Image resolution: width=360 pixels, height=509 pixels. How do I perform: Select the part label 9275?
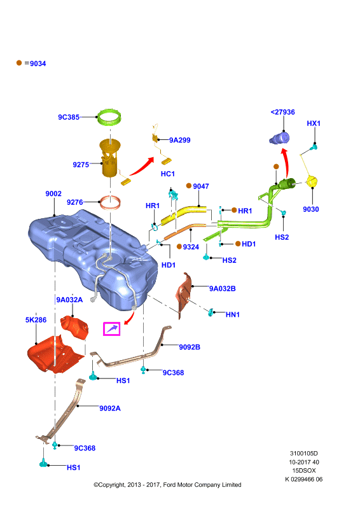[81, 165]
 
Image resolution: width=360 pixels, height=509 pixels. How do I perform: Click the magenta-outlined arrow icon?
[112, 329]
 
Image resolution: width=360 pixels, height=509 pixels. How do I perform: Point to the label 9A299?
[180, 140]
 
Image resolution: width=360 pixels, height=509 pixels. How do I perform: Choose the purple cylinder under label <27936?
[279, 138]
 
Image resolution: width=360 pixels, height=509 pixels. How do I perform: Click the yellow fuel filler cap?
[312, 181]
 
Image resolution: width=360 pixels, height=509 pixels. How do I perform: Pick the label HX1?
[314, 123]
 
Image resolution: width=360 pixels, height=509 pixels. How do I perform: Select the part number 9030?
[311, 209]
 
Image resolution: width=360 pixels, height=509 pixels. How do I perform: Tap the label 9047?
[201, 186]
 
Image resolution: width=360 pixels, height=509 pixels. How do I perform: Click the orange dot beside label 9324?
[179, 247]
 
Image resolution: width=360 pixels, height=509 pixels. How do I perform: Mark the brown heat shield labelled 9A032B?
[184, 294]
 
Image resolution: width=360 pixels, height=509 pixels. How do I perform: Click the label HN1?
[233, 314]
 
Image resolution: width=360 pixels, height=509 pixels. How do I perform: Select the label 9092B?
[190, 347]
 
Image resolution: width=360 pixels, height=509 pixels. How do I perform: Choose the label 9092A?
[110, 408]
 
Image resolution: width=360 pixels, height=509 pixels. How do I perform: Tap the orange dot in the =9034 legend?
[19, 62]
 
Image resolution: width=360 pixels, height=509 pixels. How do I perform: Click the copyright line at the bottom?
[167, 485]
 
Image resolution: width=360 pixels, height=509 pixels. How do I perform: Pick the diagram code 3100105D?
[304, 454]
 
